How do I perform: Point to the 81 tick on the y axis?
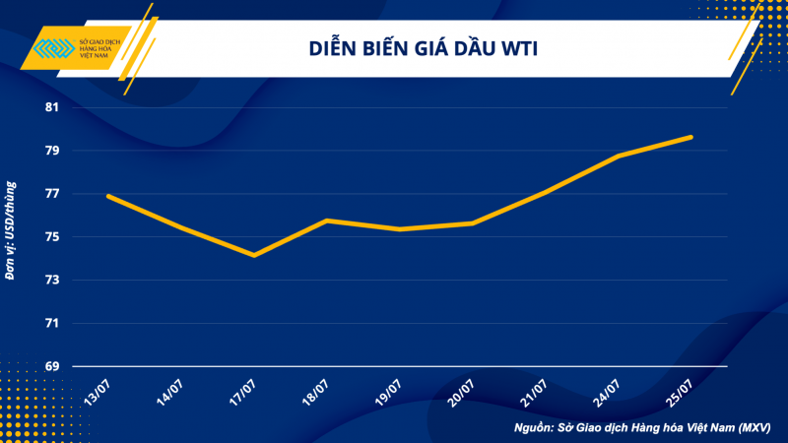pyautogui.click(x=52, y=107)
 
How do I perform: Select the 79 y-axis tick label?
pyautogui.click(x=52, y=151)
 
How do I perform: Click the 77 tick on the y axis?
pyautogui.click(x=52, y=194)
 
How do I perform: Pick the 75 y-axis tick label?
pyautogui.click(x=52, y=237)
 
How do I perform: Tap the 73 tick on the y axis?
pyautogui.click(x=52, y=281)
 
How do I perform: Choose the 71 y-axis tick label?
pyautogui.click(x=52, y=323)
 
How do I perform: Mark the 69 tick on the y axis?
pyautogui.click(x=52, y=366)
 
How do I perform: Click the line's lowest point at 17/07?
pyautogui.click(x=254, y=256)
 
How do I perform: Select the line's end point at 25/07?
pyautogui.click(x=691, y=137)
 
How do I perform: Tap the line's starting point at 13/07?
pyautogui.click(x=108, y=196)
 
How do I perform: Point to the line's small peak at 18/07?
pyautogui.click(x=327, y=221)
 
